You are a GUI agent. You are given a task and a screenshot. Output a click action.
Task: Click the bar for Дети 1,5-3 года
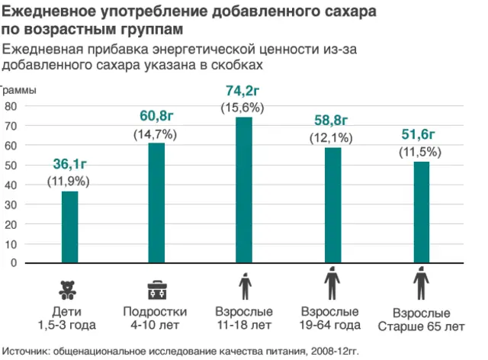(x=69, y=227)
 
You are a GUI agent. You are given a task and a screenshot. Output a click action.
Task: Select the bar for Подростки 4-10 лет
(x=156, y=203)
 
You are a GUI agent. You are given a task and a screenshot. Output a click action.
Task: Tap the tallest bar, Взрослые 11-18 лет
(x=243, y=190)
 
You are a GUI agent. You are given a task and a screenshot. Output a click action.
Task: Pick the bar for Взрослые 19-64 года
(x=332, y=205)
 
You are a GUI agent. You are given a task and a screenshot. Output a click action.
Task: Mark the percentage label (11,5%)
(x=420, y=152)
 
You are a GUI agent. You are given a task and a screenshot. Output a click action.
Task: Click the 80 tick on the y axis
(x=11, y=106)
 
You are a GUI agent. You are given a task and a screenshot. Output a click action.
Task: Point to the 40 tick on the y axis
(x=11, y=185)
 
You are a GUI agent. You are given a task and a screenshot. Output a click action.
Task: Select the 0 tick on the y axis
(x=13, y=262)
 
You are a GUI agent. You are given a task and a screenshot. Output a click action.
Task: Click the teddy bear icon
(x=69, y=290)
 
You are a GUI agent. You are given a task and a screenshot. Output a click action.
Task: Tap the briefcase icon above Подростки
(x=156, y=290)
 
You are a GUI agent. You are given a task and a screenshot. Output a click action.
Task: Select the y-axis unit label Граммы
(x=18, y=89)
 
